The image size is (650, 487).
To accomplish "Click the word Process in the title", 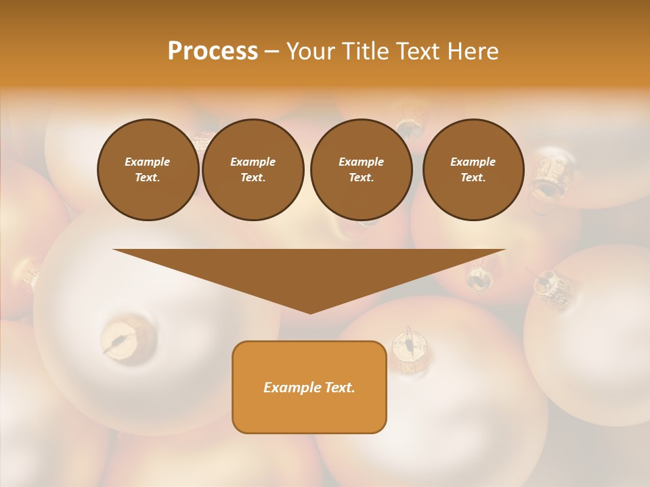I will (x=213, y=51).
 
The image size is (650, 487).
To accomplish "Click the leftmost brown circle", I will (x=148, y=170).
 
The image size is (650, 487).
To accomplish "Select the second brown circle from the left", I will (x=253, y=170).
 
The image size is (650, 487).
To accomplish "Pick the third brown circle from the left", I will (x=361, y=170).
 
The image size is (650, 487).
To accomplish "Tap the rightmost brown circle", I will (x=473, y=170).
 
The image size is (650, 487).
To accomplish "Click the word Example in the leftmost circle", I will (x=148, y=162).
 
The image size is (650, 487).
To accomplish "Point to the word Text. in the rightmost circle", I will (x=473, y=178).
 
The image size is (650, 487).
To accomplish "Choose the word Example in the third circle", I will (x=361, y=162).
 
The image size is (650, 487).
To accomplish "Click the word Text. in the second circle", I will (x=253, y=178).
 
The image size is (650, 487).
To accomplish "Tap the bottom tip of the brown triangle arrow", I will (x=310, y=312).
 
